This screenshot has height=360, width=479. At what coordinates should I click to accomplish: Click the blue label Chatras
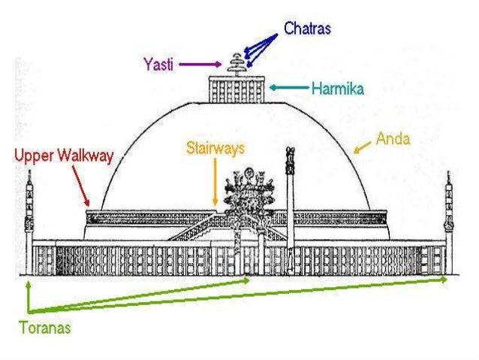coord(307,29)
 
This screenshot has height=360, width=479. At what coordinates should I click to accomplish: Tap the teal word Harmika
coord(338,89)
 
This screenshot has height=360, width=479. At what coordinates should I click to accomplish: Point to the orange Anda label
coord(392,139)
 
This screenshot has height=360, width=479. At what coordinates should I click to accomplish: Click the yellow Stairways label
coord(215,149)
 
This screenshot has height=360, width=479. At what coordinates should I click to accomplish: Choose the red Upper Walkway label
coord(65,156)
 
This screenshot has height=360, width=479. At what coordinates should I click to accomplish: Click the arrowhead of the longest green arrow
coord(445,279)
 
